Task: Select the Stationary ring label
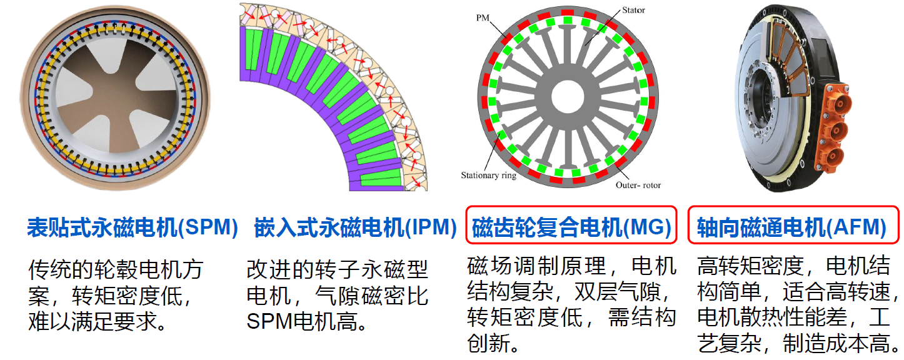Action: tap(488, 175)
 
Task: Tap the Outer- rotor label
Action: tap(638, 185)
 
